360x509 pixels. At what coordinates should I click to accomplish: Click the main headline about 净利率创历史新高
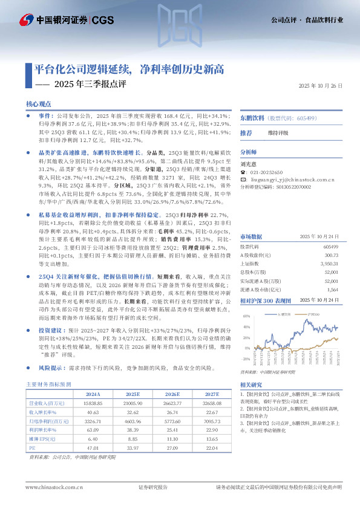click(x=126, y=69)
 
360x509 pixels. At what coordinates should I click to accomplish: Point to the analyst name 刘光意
click(x=248, y=163)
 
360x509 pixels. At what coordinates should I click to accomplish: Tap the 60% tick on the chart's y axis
click(x=246, y=316)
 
